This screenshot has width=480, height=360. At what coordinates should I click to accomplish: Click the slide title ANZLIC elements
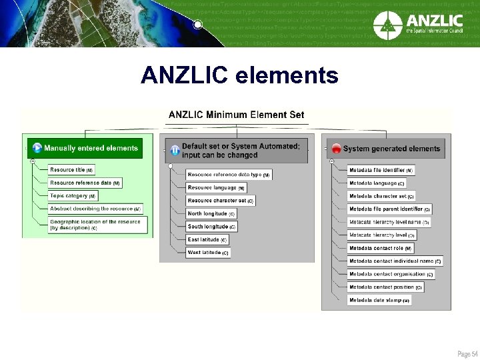tap(239, 75)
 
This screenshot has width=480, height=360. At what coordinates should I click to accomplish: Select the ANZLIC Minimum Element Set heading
tap(236, 115)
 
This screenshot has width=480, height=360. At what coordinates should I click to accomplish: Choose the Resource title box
tap(71, 170)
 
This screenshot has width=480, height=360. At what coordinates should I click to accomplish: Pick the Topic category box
tap(73, 196)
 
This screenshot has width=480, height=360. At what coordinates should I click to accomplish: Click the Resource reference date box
tap(84, 183)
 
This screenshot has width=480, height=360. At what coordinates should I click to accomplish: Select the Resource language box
tap(215, 188)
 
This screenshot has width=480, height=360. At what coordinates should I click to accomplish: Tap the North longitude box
tap(211, 214)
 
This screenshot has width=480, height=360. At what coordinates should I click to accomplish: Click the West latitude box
tap(207, 253)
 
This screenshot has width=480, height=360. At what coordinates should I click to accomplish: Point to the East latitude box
tap(207, 240)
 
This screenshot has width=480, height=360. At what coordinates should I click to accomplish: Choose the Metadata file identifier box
tap(381, 170)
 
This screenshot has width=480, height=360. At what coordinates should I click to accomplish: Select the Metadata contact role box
tap(380, 248)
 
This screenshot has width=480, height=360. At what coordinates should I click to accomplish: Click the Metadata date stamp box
tap(379, 300)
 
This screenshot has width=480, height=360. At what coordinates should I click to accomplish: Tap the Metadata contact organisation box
tap(391, 274)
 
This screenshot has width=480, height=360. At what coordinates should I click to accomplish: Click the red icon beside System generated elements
tap(337, 149)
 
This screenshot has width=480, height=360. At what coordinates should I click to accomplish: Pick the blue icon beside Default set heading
tap(174, 150)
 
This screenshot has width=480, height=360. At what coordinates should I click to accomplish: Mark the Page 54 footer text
tap(467, 353)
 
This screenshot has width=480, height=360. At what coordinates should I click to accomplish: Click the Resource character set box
tap(220, 201)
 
